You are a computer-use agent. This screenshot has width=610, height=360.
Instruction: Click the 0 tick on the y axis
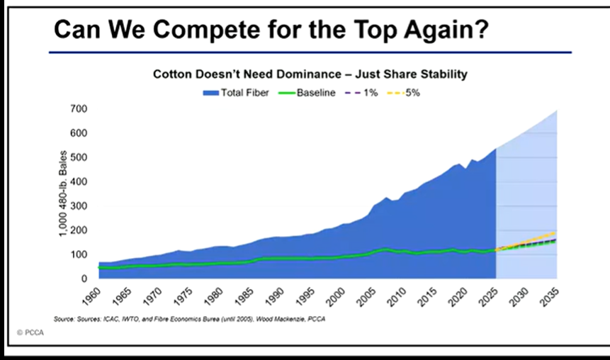pyautogui.click(x=82, y=279)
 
